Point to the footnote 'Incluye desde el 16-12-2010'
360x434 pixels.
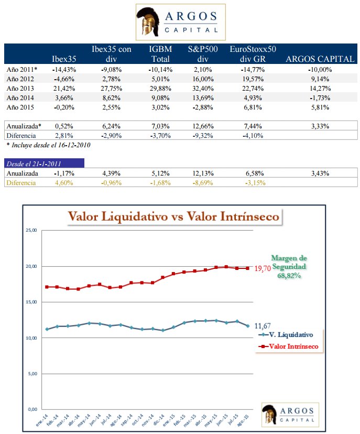tap(48, 145)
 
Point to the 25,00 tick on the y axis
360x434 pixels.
tap(32, 231)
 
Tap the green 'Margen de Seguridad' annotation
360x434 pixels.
tap(289, 266)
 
